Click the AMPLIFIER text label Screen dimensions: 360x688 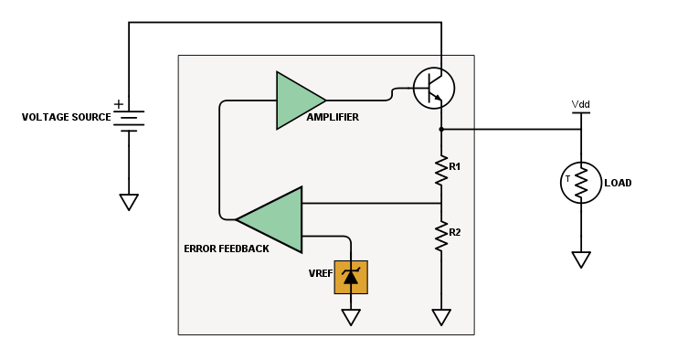click(333, 118)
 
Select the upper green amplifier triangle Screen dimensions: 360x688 click(297, 100)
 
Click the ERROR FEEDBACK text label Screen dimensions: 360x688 click(226, 249)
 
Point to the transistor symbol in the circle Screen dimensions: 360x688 click(433, 88)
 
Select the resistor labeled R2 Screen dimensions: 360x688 click(441, 235)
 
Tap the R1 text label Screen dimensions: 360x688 click(455, 166)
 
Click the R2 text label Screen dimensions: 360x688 click(455, 232)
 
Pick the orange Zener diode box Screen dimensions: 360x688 click(351, 277)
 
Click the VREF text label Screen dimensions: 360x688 click(320, 272)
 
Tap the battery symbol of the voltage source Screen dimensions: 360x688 click(129, 120)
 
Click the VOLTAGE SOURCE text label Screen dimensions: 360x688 click(66, 118)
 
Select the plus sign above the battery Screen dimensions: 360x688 click(119, 104)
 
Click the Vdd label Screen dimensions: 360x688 click(581, 104)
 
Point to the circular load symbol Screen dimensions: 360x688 click(581, 183)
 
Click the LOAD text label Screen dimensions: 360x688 click(618, 183)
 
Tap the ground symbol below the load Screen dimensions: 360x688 click(581, 259)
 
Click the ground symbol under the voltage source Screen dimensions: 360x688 click(129, 202)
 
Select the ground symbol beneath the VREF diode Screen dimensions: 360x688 click(351, 317)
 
